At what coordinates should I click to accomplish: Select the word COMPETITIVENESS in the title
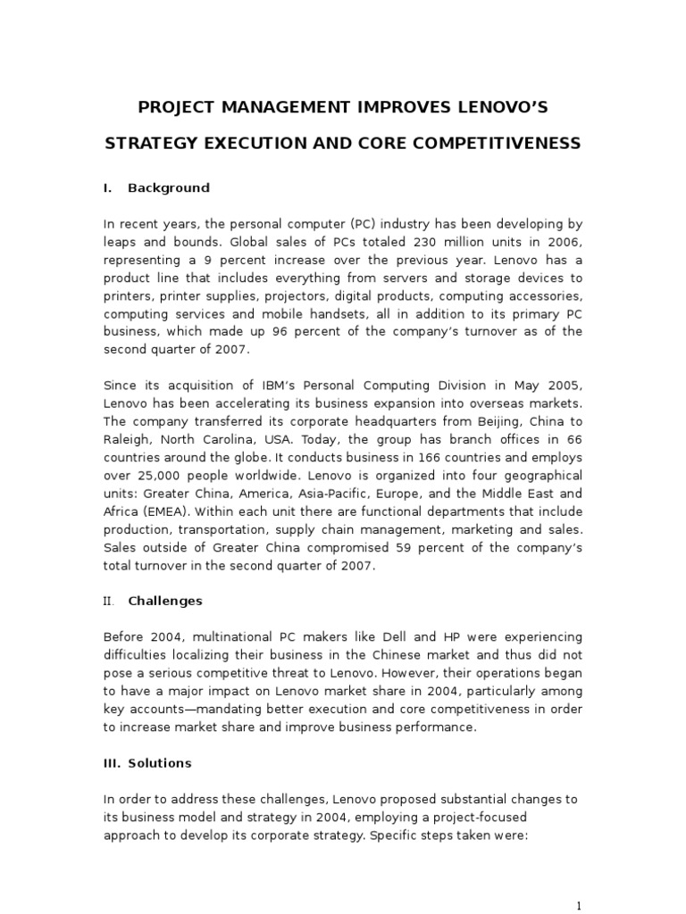click(504, 143)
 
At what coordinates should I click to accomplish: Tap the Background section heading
click(169, 187)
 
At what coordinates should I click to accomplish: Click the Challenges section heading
click(165, 601)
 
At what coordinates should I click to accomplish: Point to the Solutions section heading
click(160, 763)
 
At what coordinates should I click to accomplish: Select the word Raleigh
click(125, 438)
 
